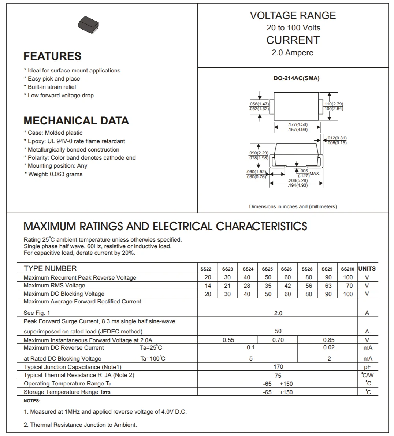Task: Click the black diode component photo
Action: tap(89, 25)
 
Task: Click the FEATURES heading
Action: tap(52, 56)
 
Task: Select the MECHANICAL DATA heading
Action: tap(76, 121)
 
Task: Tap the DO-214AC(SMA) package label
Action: tap(297, 78)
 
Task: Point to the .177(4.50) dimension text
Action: tap(298, 125)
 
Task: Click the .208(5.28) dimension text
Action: tap(298, 180)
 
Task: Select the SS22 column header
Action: tap(206, 269)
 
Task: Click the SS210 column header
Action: tap(347, 269)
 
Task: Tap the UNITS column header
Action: tap(367, 269)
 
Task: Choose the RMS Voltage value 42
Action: tap(287, 286)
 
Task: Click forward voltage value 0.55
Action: tap(228, 340)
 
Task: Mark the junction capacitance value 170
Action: tap(278, 367)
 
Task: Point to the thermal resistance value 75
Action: tap(278, 376)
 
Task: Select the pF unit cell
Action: tap(367, 367)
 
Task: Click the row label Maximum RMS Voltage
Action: tap(54, 286)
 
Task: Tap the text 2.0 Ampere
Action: tap(293, 53)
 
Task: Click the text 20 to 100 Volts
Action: tap(293, 28)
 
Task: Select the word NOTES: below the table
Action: tap(32, 401)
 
